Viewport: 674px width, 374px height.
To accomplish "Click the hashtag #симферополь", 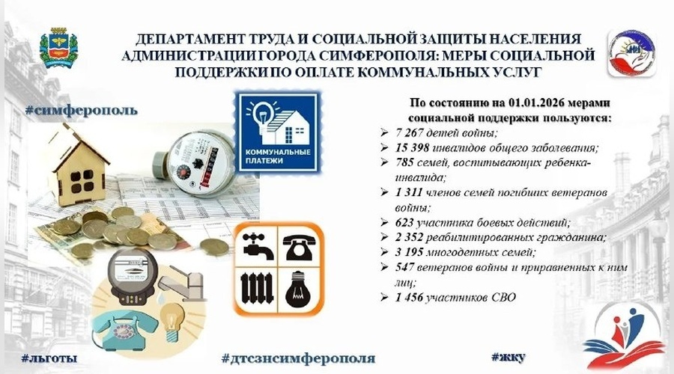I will (80, 110).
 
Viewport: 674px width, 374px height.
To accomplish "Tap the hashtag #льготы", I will (49, 355).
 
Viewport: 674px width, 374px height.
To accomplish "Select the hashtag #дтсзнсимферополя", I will (299, 355).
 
